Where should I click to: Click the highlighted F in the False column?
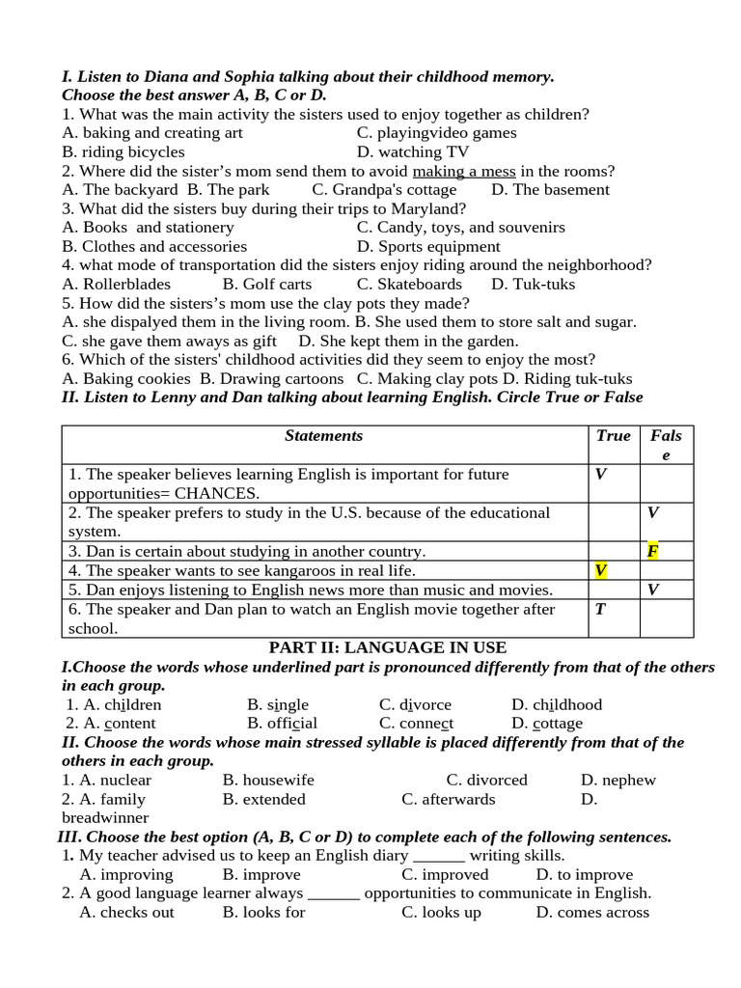click(x=653, y=552)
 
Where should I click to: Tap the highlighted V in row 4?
click(x=600, y=570)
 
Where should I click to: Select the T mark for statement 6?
click(x=600, y=609)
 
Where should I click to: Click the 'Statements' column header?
click(x=324, y=436)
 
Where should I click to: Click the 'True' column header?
click(x=613, y=436)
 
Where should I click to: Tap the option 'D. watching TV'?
click(x=413, y=152)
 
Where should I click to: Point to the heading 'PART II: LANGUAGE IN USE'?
click(x=387, y=647)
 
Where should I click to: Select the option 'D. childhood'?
click(x=557, y=704)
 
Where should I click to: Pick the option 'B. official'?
click(x=282, y=724)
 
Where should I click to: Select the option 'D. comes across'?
click(x=592, y=912)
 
